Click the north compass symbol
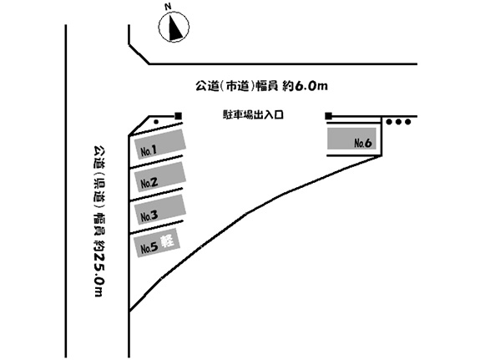click(174, 27)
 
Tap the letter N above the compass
click(168, 7)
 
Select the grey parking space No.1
click(160, 144)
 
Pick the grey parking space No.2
click(160, 177)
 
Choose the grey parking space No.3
click(160, 210)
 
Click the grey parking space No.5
click(157, 243)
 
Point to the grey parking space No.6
click(351, 139)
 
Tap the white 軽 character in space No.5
click(168, 241)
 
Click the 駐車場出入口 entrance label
click(253, 115)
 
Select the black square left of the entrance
click(178, 116)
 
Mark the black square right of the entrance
click(328, 116)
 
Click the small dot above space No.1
click(156, 122)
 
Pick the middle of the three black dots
click(398, 122)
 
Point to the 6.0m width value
click(311, 86)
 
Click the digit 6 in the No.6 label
click(368, 143)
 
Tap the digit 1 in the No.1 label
click(154, 150)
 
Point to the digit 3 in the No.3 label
click(154, 215)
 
